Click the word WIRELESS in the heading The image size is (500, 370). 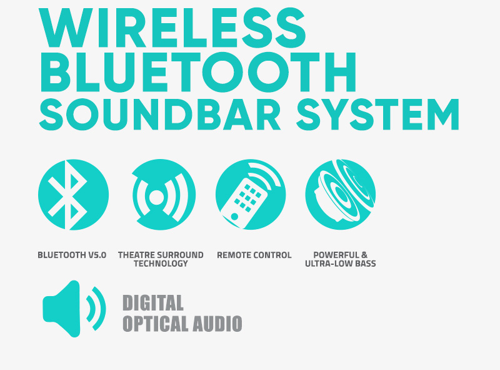(x=172, y=28)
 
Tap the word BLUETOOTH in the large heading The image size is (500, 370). (x=198, y=72)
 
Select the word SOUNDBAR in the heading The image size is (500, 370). (x=160, y=115)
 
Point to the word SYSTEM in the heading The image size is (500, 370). (x=377, y=115)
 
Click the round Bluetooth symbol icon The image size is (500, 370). (x=73, y=195)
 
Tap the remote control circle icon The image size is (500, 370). (x=251, y=195)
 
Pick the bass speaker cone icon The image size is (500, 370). (x=340, y=195)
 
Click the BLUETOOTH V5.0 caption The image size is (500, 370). (x=72, y=255)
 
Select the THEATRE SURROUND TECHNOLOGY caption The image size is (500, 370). (x=161, y=259)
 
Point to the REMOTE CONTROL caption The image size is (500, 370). (x=254, y=255)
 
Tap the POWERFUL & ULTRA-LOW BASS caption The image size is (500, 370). (x=340, y=259)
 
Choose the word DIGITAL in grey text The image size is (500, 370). (x=153, y=302)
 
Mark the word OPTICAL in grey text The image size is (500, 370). (x=156, y=324)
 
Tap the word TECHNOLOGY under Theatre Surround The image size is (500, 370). (x=161, y=264)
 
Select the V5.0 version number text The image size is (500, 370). (x=97, y=255)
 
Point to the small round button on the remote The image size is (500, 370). (x=234, y=217)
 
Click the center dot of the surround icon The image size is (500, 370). (x=156, y=197)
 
